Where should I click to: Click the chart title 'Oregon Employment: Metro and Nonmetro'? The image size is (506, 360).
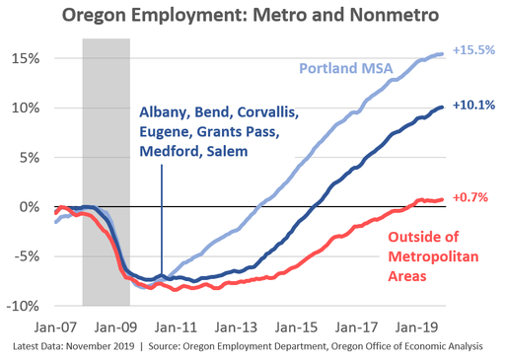[x=253, y=17]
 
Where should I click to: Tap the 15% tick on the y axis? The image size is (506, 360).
[x=25, y=58]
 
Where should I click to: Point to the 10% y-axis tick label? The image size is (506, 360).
[x=25, y=108]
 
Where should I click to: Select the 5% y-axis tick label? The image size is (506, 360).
[x=29, y=157]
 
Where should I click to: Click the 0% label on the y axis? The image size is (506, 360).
[x=29, y=207]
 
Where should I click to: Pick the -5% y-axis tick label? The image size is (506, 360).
[x=26, y=256]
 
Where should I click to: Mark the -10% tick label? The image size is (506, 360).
[x=23, y=306]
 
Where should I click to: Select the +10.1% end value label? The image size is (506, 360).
[x=473, y=105]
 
